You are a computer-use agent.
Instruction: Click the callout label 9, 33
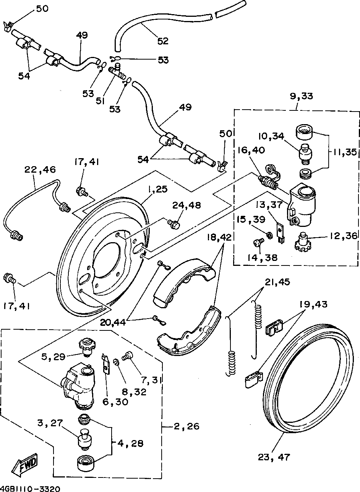(302, 97)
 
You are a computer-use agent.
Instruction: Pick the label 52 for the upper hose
(163, 40)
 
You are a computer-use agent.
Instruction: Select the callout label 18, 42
(220, 237)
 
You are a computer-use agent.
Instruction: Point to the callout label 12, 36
(342, 236)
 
